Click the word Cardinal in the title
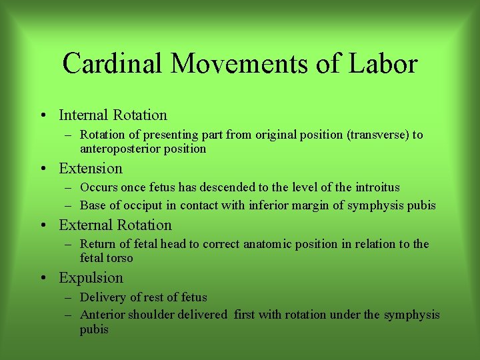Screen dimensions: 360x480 pyautogui.click(x=113, y=64)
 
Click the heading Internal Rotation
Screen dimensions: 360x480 pyautogui.click(x=113, y=115)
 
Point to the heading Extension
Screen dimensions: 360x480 pyautogui.click(x=91, y=169)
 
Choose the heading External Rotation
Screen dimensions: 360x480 pyautogui.click(x=115, y=225)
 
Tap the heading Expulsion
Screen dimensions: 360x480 pyautogui.click(x=91, y=278)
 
